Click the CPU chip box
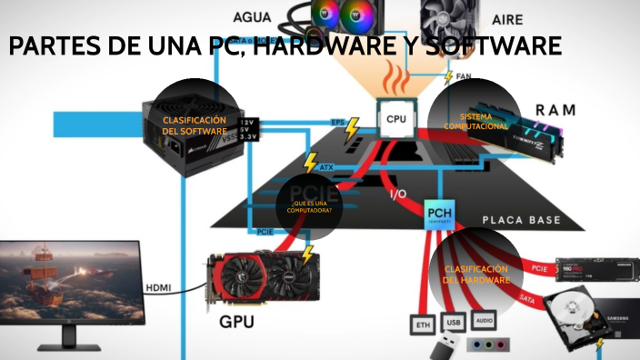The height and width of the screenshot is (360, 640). pyautogui.click(x=396, y=118)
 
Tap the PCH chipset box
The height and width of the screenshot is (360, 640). pyautogui.click(x=439, y=215)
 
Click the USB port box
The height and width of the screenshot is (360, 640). pyautogui.click(x=453, y=322)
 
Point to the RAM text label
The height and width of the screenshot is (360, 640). pyautogui.click(x=555, y=110)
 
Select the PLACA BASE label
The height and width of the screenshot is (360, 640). pyautogui.click(x=520, y=220)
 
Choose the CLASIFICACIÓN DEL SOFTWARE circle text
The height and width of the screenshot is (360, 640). pyautogui.click(x=194, y=125)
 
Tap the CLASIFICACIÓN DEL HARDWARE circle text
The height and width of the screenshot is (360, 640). pyautogui.click(x=475, y=275)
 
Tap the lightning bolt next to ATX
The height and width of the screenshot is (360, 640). pyautogui.click(x=311, y=164)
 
